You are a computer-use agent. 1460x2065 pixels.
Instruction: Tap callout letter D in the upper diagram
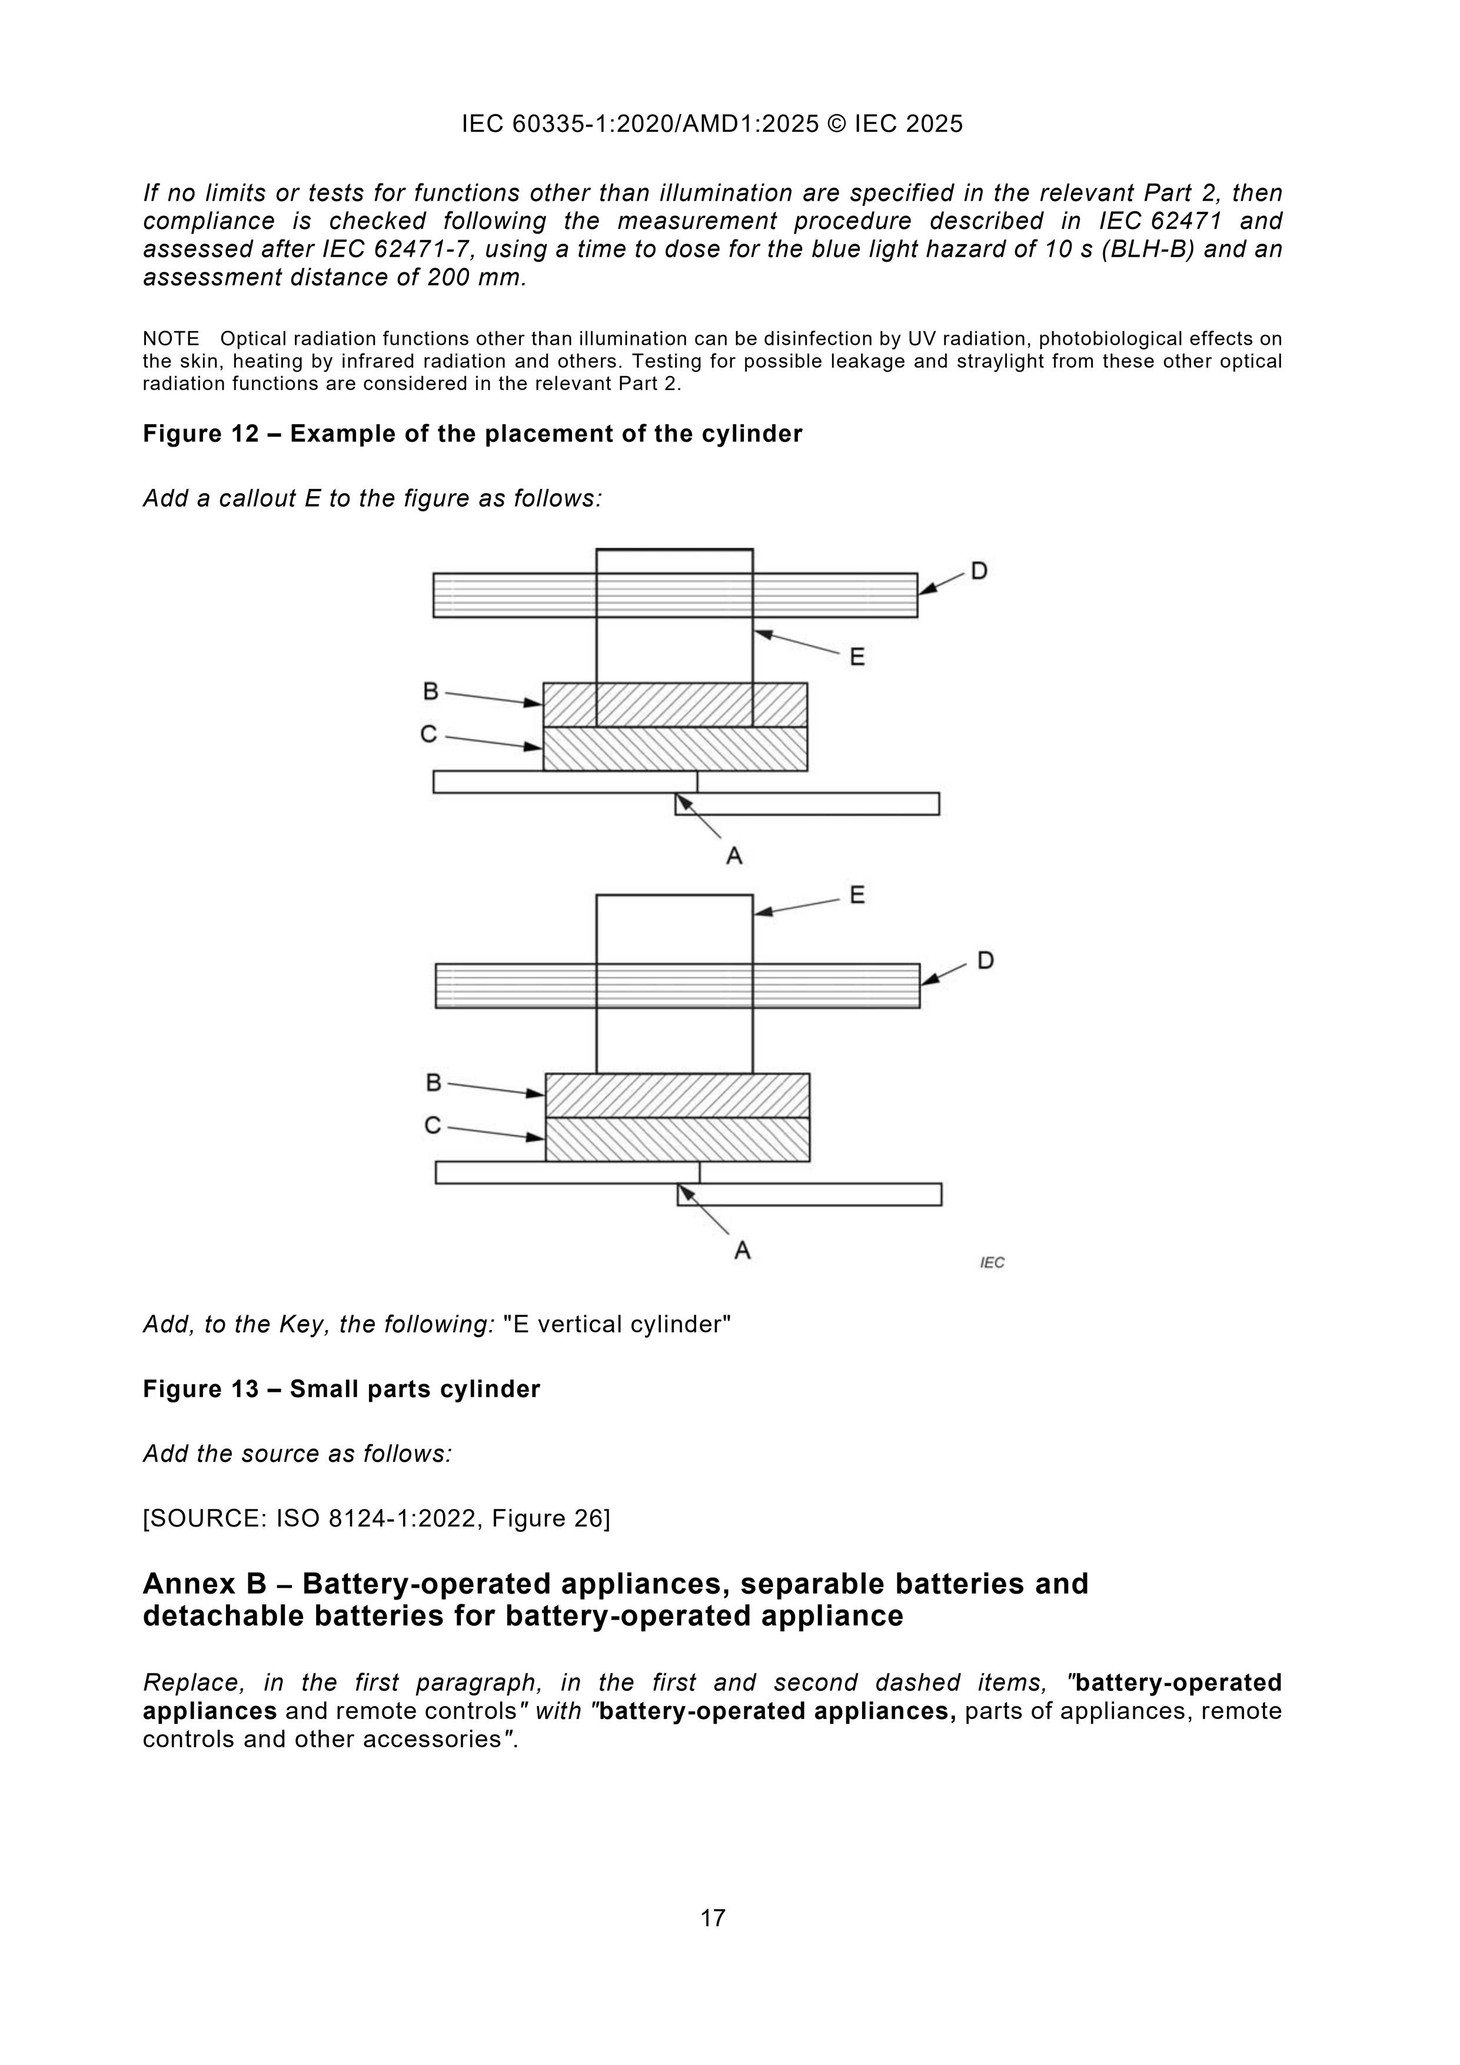tap(979, 571)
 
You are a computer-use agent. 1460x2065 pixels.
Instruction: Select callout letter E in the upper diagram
tap(857, 657)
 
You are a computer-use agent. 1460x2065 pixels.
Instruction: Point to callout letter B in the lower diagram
tap(434, 1083)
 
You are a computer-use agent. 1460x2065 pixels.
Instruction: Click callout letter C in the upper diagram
tap(429, 735)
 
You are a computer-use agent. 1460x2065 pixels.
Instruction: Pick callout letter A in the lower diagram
tap(742, 1250)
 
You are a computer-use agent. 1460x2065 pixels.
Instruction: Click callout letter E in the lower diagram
tap(857, 895)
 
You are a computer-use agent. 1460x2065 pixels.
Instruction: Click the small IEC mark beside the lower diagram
tap(992, 1263)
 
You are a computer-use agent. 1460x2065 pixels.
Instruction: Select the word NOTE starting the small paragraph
tap(171, 339)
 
